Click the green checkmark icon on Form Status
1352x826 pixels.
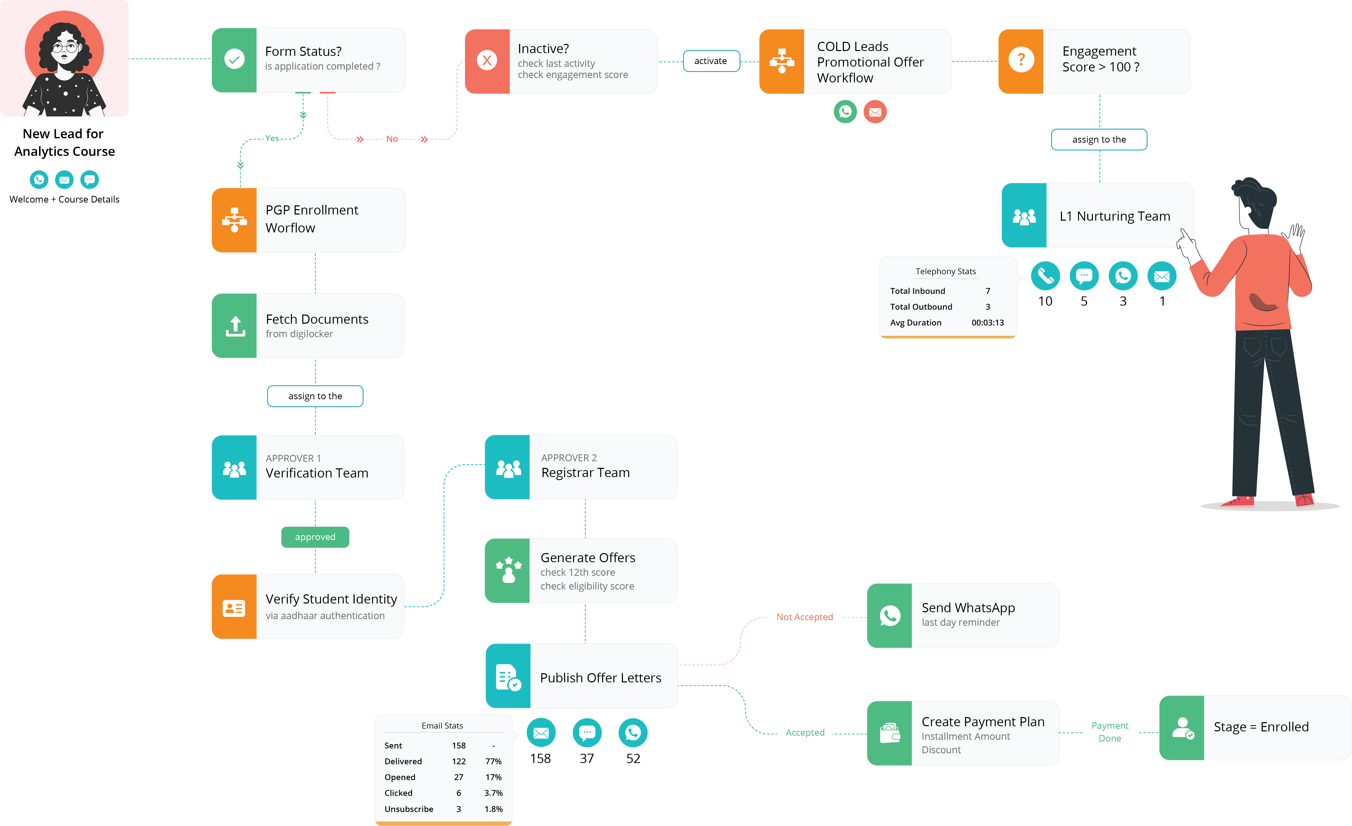click(234, 59)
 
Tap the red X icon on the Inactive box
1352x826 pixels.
click(487, 60)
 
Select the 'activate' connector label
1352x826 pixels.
click(711, 61)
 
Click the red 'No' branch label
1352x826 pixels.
click(392, 139)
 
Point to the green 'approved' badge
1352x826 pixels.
click(315, 537)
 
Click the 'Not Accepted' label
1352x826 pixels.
click(804, 617)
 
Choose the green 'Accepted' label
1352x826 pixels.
click(805, 732)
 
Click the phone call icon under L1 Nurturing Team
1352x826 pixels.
click(1045, 276)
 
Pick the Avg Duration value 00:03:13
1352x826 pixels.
click(988, 323)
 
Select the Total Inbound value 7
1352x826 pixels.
click(988, 291)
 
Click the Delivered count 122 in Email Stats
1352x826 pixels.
click(459, 761)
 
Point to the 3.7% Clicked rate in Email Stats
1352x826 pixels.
click(493, 793)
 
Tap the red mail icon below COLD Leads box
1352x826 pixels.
click(875, 112)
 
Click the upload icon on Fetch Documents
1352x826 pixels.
click(235, 326)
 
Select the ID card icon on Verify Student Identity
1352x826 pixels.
click(234, 608)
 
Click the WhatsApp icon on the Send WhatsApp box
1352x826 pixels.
click(890, 616)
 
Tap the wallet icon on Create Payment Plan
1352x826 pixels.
click(890, 733)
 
